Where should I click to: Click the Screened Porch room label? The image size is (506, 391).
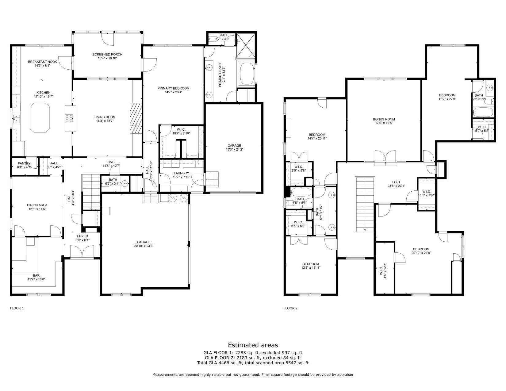point(107,54)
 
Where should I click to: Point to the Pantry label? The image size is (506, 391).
point(24,163)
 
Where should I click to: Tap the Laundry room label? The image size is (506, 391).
point(181,173)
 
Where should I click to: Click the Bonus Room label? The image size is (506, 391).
point(384,119)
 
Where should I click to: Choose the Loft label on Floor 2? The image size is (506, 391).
point(396,182)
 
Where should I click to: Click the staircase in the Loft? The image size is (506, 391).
point(365,204)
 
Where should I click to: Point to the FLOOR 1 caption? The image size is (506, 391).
point(17,308)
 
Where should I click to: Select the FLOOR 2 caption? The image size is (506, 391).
point(290,308)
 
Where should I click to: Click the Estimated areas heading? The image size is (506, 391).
point(253,345)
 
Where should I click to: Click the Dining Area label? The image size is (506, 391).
point(37,205)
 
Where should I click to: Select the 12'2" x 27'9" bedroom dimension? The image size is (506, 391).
point(447,99)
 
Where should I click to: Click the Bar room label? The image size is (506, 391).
point(36,275)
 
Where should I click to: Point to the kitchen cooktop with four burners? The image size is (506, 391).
point(69,118)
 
